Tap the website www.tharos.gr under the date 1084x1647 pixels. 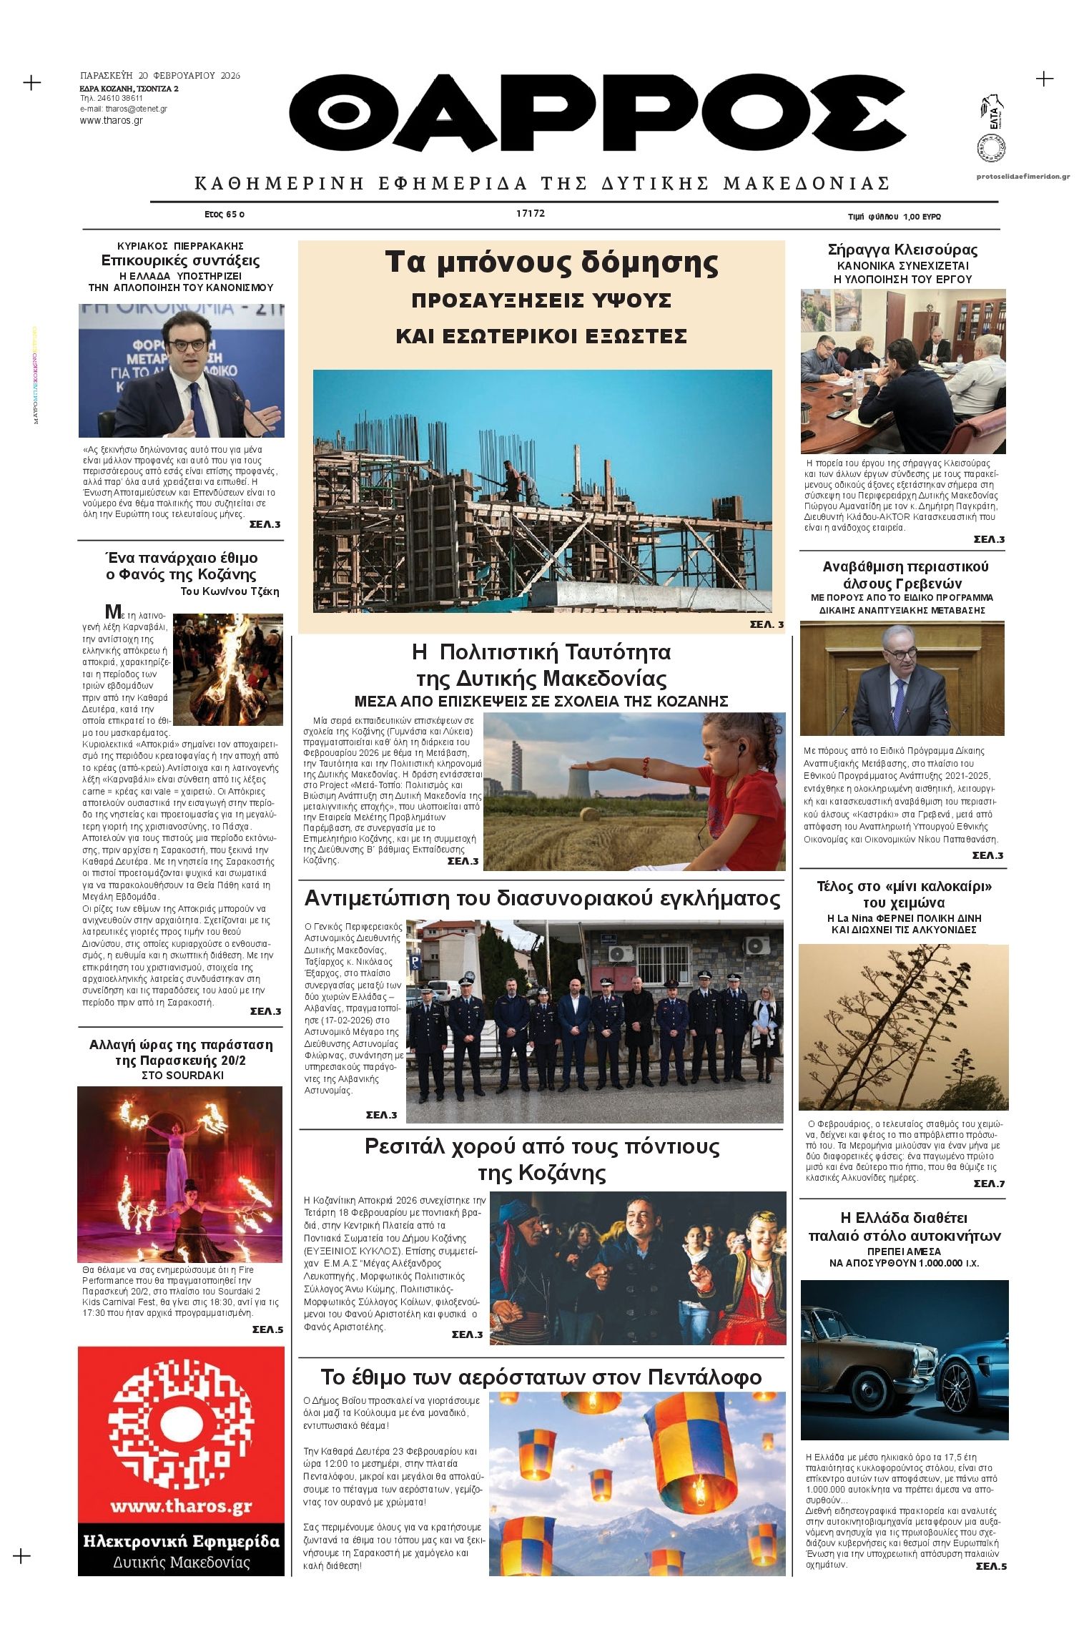pyautogui.click(x=112, y=121)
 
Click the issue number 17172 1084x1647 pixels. pyautogui.click(x=531, y=213)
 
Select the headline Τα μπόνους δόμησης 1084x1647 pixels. pyautogui.click(x=551, y=262)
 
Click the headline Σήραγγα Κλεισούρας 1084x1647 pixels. pyautogui.click(x=902, y=250)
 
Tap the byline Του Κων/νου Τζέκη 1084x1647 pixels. pyautogui.click(x=230, y=591)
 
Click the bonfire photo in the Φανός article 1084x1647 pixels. pyautogui.click(x=228, y=669)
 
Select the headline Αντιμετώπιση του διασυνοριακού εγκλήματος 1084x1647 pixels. pyautogui.click(x=542, y=898)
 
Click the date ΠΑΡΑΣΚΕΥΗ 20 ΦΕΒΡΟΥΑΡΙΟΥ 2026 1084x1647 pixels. pyautogui.click(x=160, y=76)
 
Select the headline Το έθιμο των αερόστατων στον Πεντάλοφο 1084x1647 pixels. pyautogui.click(x=541, y=1377)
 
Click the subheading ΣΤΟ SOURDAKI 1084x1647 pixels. pyautogui.click(x=182, y=1076)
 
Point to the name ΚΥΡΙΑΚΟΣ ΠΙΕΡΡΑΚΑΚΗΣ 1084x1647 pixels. pyautogui.click(x=180, y=246)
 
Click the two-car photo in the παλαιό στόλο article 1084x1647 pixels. pyautogui.click(x=904, y=1360)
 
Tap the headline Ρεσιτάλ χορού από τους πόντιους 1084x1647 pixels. pyautogui.click(x=541, y=1146)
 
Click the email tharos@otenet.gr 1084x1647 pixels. pyautogui.click(x=124, y=109)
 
